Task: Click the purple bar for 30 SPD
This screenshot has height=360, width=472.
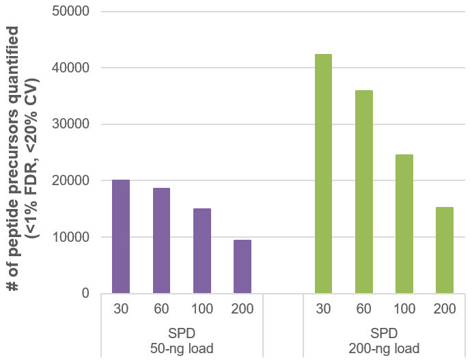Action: coord(121,236)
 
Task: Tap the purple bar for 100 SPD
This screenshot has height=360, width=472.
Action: coord(202,251)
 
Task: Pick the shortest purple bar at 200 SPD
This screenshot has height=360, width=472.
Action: coord(242,266)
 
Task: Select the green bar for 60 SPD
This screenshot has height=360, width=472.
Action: coord(364,191)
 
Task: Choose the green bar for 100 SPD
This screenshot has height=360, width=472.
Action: coord(404,223)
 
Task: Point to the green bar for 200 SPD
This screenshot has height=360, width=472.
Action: coord(445,250)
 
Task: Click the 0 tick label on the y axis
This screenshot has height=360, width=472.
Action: coord(85,294)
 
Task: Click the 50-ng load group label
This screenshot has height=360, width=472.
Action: coord(182,349)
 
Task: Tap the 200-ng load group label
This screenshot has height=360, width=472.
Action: coord(384,349)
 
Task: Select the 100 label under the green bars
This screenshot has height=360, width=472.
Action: coord(404,309)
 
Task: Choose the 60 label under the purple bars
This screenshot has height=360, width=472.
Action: coord(161,309)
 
